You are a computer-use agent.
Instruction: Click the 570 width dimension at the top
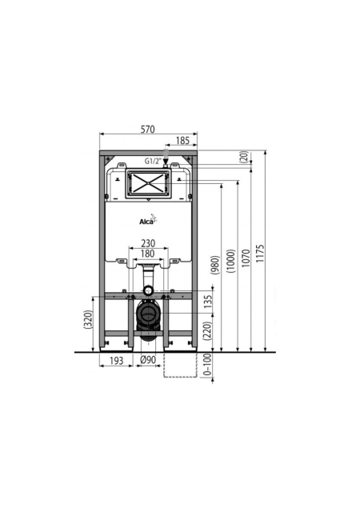(x=147, y=129)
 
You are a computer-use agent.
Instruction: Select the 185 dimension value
(x=182, y=141)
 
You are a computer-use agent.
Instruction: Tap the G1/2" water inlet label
(x=154, y=161)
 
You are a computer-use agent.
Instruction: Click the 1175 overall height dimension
(x=260, y=254)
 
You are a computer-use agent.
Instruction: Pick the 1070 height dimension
(x=246, y=258)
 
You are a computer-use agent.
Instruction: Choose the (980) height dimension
(x=215, y=265)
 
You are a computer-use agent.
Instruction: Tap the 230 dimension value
(x=148, y=243)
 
